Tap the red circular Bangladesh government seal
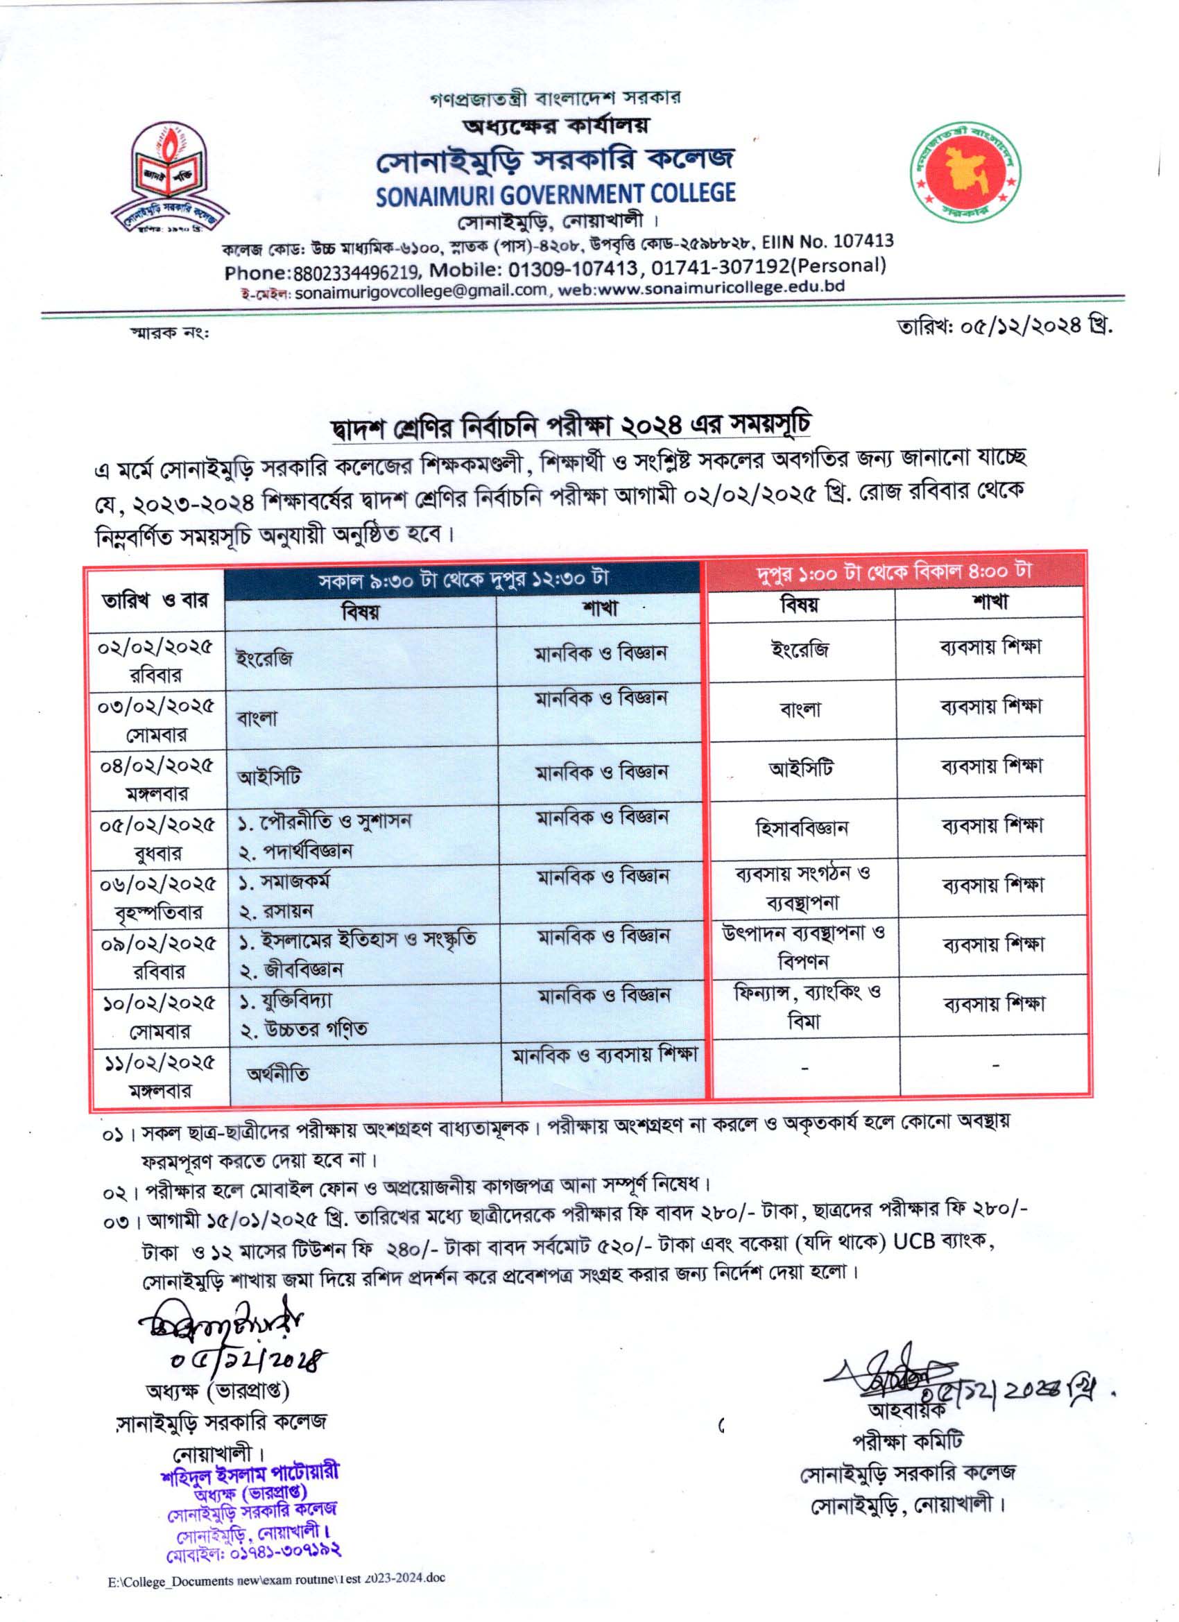coord(968,173)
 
